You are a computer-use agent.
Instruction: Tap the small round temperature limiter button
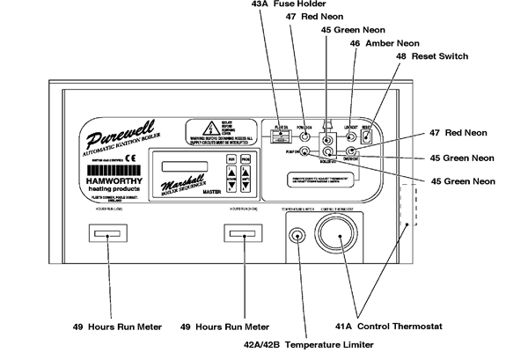299,236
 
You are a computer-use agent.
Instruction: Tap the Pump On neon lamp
304,151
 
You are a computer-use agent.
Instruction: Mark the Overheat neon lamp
351,151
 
